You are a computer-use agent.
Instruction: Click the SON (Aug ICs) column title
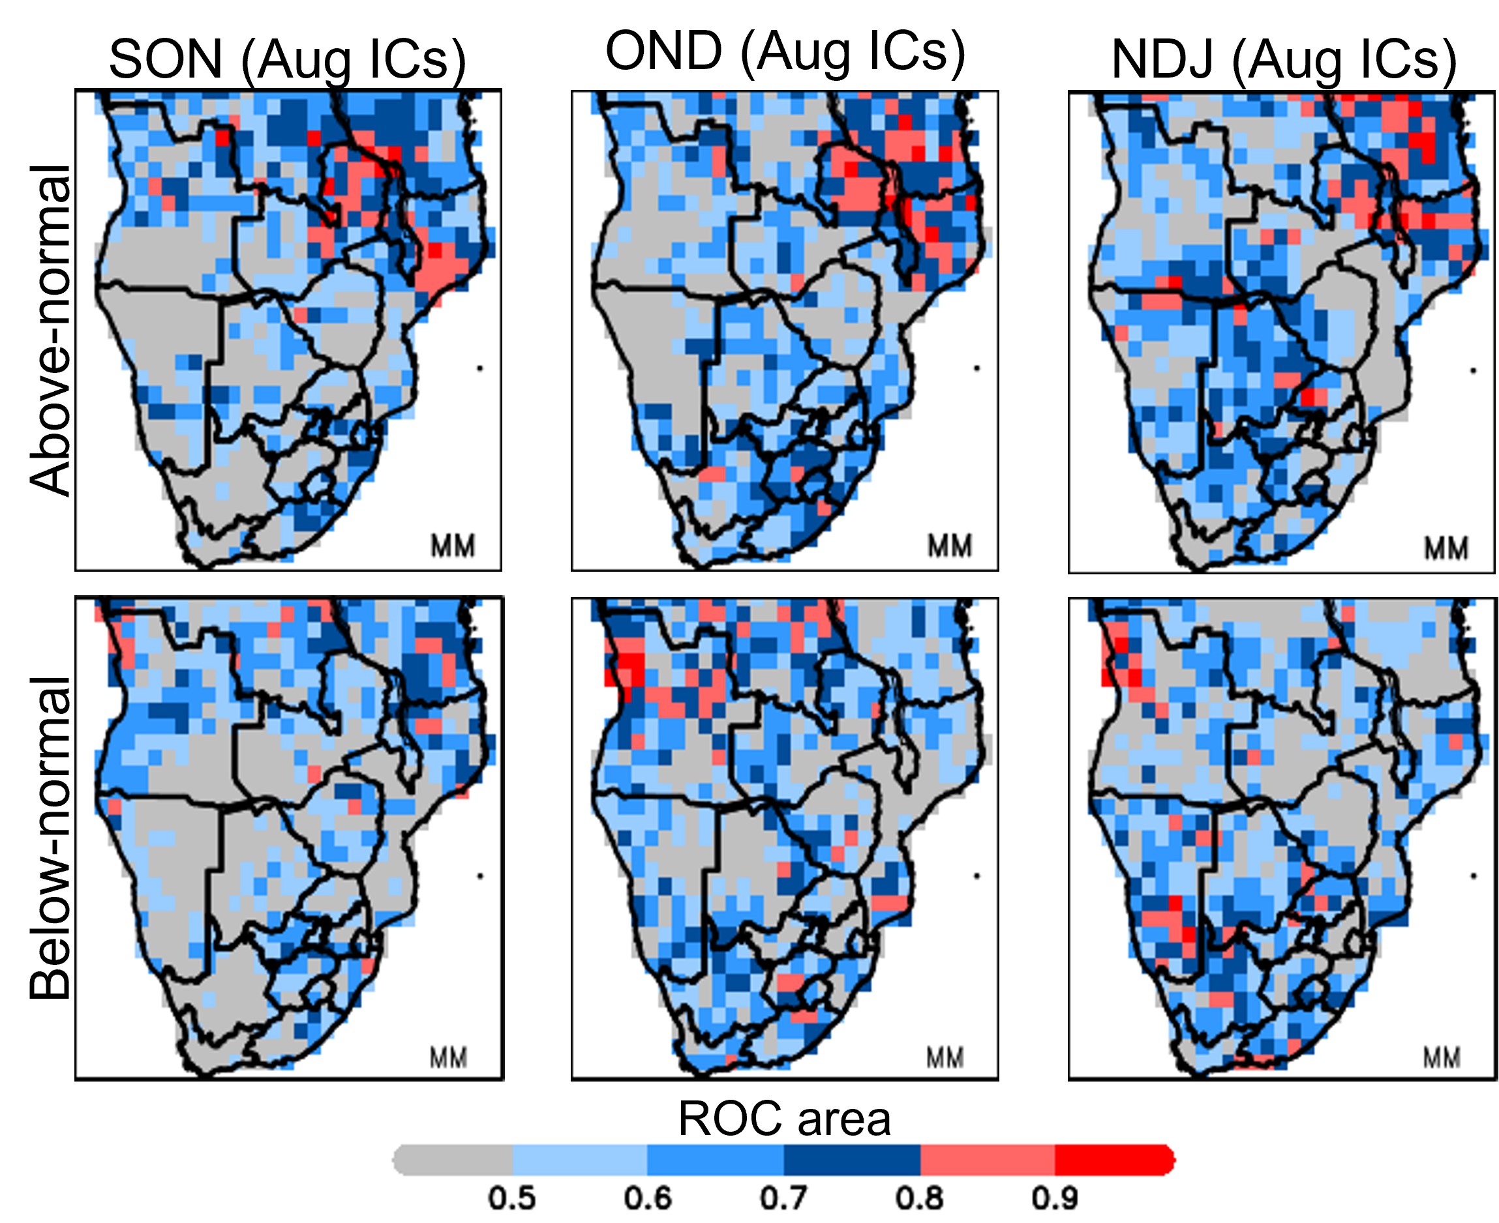[x=287, y=61]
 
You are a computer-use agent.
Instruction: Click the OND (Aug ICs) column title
[x=784, y=53]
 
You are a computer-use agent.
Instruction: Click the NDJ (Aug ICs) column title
[x=1282, y=61]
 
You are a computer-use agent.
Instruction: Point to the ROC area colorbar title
[x=783, y=1118]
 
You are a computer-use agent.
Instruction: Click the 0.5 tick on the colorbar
[x=511, y=1198]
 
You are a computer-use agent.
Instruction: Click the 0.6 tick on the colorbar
[x=647, y=1198]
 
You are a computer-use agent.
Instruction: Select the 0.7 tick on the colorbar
[x=783, y=1198]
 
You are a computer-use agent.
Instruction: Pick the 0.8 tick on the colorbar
[x=919, y=1198]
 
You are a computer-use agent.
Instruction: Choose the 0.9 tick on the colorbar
[x=1055, y=1198]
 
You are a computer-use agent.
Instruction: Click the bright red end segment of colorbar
[x=1113, y=1160]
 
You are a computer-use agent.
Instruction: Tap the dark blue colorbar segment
[x=851, y=1160]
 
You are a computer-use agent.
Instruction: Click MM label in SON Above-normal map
[x=453, y=546]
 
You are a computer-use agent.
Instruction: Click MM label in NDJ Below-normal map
[x=1442, y=1057]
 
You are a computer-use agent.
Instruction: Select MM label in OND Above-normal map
[x=949, y=546]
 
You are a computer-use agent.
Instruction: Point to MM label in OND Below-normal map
[x=945, y=1057]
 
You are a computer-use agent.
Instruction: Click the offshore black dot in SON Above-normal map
[x=480, y=368]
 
